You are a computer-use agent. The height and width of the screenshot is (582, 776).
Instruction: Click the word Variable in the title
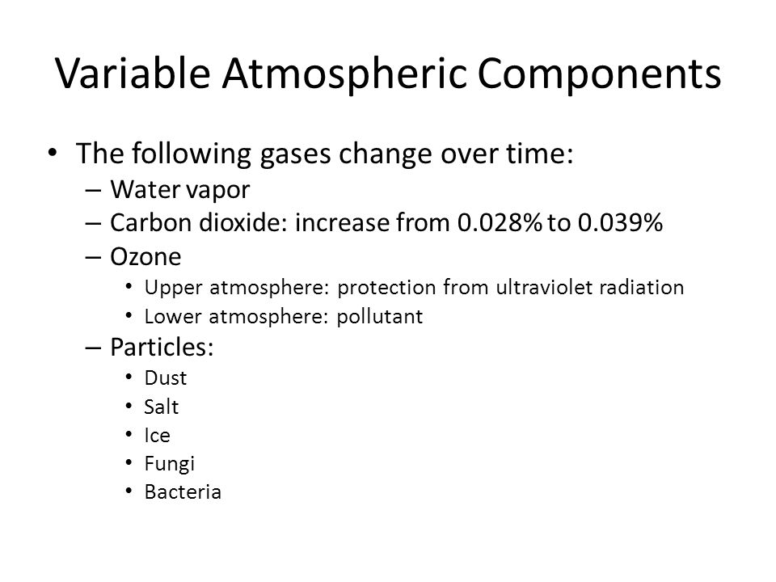coord(133,74)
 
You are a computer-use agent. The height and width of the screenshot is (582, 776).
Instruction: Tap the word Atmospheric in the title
coord(344,75)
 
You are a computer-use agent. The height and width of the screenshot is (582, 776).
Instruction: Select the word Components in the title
coord(599,75)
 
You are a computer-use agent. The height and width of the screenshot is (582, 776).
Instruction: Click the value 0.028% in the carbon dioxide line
coord(500,222)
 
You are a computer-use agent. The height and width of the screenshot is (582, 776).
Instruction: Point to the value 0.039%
coord(620,222)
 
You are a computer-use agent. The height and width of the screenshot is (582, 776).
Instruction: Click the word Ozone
coord(145,256)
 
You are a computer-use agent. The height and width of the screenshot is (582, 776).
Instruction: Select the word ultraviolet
coord(544,287)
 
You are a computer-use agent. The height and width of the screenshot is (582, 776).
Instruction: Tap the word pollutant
coord(380,317)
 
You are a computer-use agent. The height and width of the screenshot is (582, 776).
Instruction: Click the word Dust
coord(165,377)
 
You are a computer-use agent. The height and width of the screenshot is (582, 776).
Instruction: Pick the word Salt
coord(162,407)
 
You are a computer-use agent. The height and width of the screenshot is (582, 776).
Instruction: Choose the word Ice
coord(158,436)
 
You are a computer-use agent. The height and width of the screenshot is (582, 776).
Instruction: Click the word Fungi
coord(169,464)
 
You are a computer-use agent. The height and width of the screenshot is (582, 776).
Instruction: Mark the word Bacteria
coord(183,492)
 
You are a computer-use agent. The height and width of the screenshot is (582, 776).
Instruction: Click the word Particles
coord(162,347)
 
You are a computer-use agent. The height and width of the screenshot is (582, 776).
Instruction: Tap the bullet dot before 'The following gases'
coord(53,152)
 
